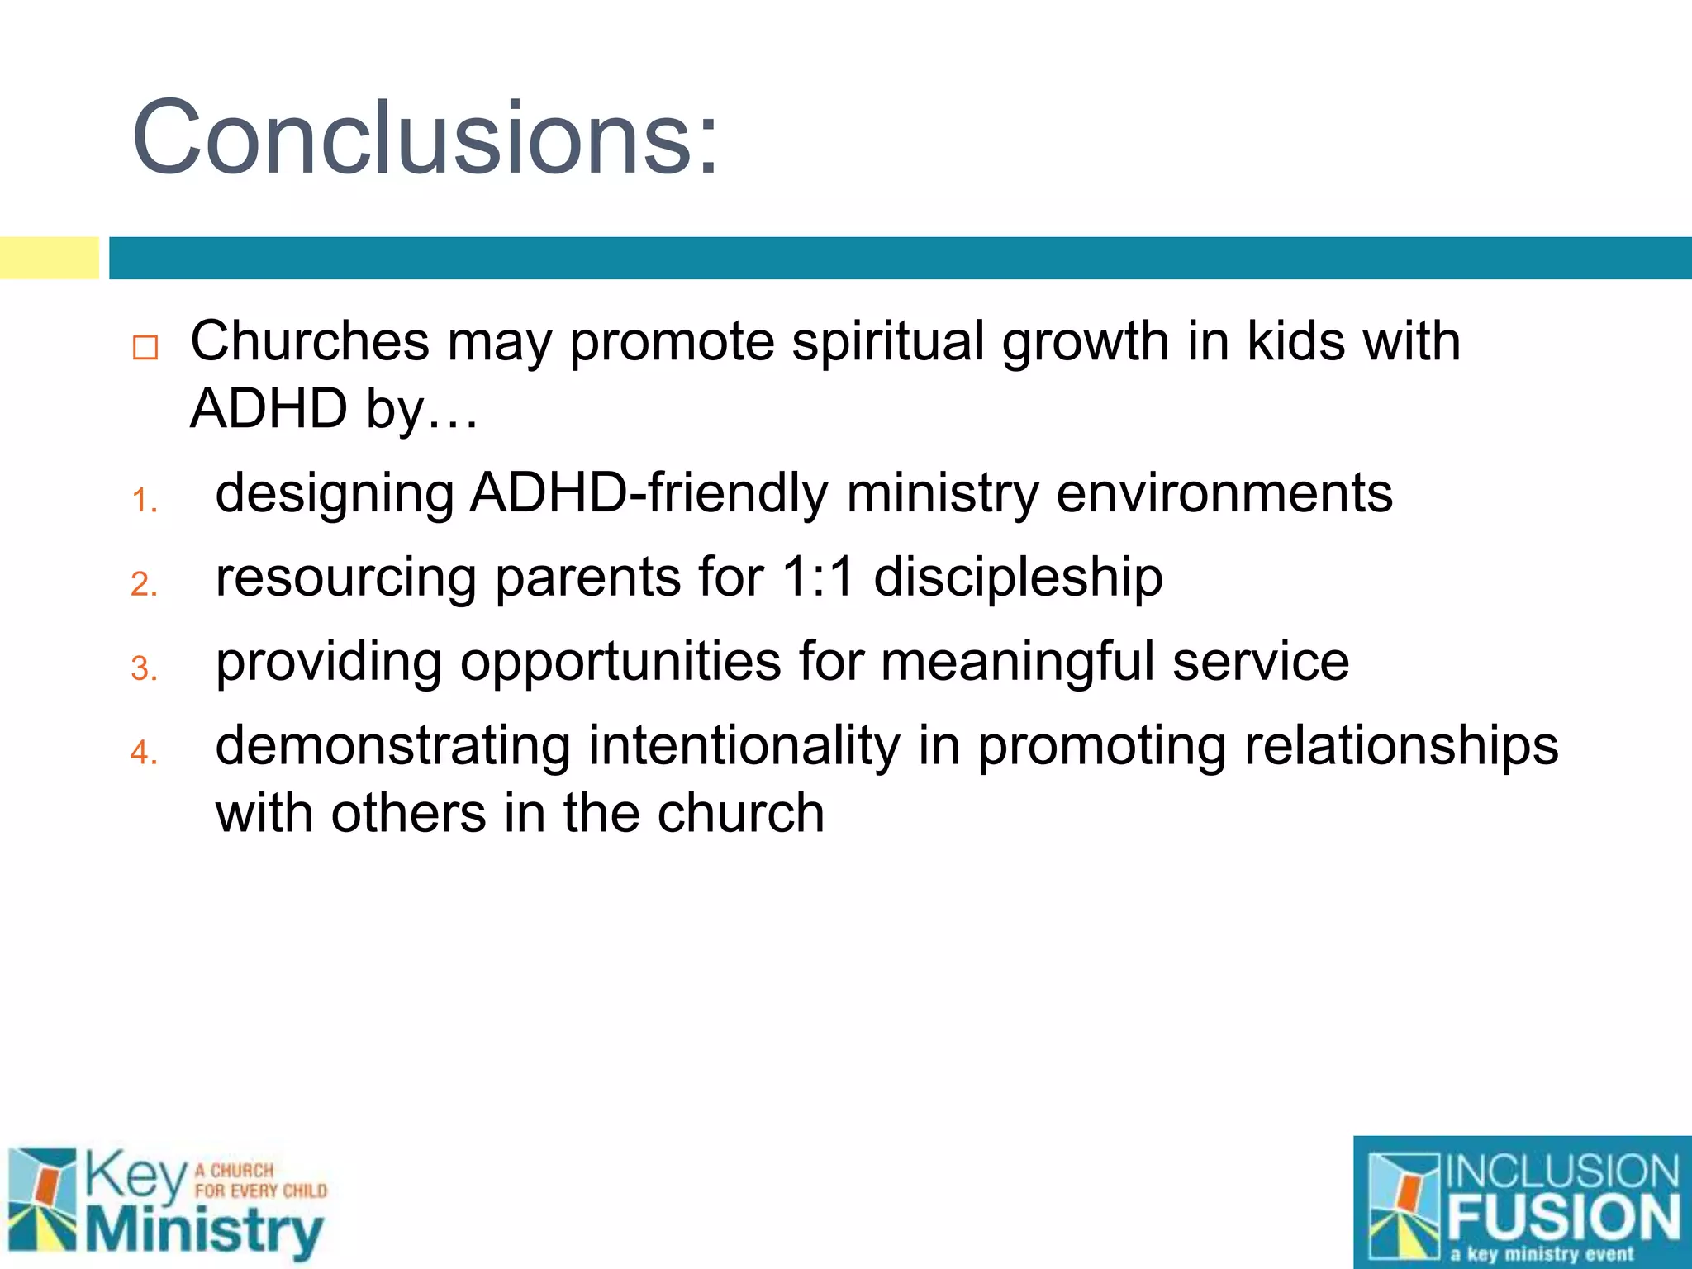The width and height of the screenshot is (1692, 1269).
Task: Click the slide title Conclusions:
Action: click(x=425, y=137)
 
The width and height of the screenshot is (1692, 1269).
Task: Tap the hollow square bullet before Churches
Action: click(x=145, y=347)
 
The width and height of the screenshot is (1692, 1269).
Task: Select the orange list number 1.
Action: click(x=144, y=500)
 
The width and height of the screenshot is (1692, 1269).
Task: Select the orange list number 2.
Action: click(x=144, y=584)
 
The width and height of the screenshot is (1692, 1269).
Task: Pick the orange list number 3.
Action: click(x=144, y=668)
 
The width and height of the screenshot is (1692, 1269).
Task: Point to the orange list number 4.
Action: click(x=144, y=753)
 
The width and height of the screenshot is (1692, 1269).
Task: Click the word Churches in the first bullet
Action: click(x=310, y=340)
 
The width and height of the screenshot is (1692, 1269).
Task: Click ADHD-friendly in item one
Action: click(x=649, y=493)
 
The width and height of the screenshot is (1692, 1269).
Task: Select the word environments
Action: click(x=1224, y=493)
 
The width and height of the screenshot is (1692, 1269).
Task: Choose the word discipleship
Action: click(x=1018, y=577)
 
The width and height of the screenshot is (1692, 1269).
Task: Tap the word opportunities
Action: click(x=620, y=663)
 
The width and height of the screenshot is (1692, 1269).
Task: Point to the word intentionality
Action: click(x=744, y=746)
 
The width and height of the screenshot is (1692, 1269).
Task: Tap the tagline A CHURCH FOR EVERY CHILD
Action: click(x=259, y=1181)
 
